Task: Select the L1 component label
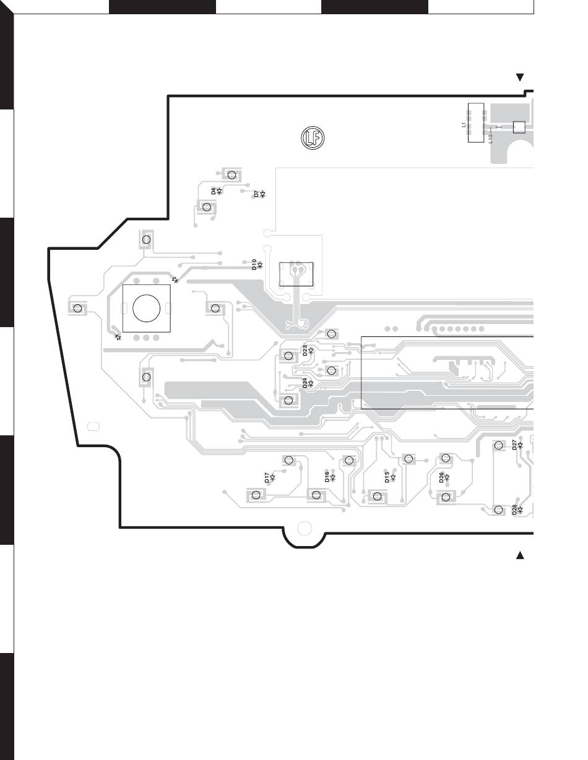coord(464,124)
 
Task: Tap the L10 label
coord(491,139)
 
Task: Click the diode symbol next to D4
coord(220,191)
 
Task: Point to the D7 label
coord(256,194)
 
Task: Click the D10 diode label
coord(254,264)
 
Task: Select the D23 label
coord(305,350)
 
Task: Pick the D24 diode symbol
coord(311,383)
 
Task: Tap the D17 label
coord(267,477)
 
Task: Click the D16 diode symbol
coord(333,477)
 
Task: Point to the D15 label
coord(387,477)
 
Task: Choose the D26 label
coord(441,477)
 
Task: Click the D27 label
coord(514,444)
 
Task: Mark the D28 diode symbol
coord(521,510)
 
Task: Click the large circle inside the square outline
coord(147,308)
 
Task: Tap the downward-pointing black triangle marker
coord(520,77)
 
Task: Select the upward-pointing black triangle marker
coord(520,555)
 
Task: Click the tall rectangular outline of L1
coord(475,123)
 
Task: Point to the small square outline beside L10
coord(519,127)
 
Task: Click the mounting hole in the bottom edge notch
coord(304,528)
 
